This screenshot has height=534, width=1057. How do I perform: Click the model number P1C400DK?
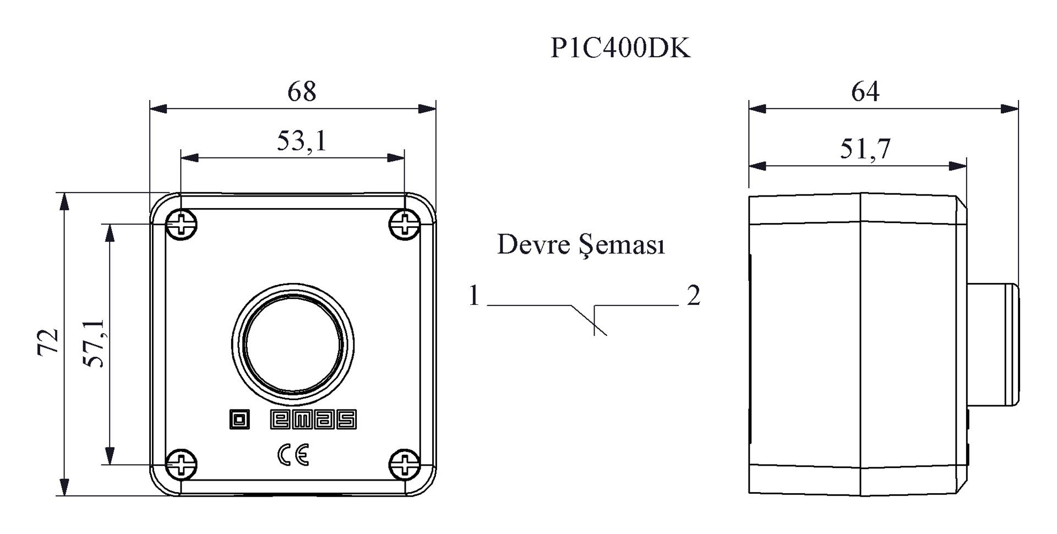620,48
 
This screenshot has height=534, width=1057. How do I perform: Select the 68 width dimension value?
302,91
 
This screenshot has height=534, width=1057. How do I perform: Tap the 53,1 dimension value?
302,141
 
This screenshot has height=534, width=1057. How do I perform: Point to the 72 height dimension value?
48,342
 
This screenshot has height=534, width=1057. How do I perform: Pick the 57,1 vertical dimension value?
94,343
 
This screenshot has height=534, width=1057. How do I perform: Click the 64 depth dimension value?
865,91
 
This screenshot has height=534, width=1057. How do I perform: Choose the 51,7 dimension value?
865,149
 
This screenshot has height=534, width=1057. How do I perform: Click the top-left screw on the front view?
182,224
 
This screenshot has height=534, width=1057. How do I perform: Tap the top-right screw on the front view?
405,224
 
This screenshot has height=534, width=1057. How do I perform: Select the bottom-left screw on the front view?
182,464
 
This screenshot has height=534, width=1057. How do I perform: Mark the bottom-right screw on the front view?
405,464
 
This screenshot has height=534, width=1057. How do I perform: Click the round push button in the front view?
293,345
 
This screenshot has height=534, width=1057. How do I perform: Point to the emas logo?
313,419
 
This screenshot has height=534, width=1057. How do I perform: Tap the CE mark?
293,455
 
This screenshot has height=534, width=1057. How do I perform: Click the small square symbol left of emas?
239,419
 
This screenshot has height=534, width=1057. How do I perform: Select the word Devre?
533,244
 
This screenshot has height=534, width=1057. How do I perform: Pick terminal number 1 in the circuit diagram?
474,296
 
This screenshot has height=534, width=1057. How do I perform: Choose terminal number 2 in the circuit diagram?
693,296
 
